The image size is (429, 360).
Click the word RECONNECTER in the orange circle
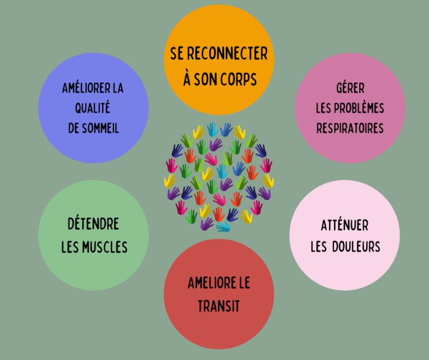tap(227, 53)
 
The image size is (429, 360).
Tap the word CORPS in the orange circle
tap(239, 79)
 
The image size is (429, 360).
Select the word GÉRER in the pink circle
tap(350, 88)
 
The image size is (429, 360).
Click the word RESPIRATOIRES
tap(350, 128)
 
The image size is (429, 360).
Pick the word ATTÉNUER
tap(345, 225)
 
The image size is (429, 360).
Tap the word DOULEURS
tap(356, 247)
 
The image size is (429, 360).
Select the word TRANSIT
tap(219, 306)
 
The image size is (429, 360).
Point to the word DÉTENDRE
tap(93, 224)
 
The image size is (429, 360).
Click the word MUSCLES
tap(105, 247)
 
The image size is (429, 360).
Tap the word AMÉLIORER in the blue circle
tap(86, 88)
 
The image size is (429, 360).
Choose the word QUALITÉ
tap(93, 107)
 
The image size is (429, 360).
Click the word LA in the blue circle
tap(118, 88)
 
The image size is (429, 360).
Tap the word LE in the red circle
tap(245, 283)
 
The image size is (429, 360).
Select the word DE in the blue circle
tap(74, 128)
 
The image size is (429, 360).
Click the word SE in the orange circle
tap(177, 53)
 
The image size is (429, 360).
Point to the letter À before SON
tap(187, 79)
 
